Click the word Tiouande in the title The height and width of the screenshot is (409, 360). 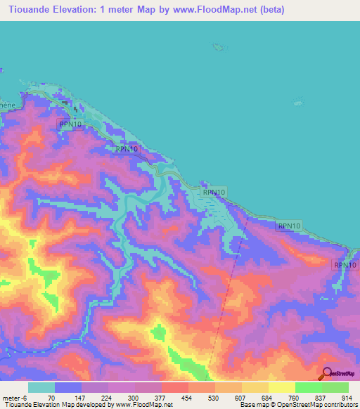(28, 9)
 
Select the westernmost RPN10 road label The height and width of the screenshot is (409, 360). (70, 124)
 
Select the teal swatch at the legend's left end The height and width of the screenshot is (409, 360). (41, 388)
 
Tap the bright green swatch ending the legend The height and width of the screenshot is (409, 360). (335, 388)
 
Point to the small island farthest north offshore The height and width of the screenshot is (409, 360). (219, 46)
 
